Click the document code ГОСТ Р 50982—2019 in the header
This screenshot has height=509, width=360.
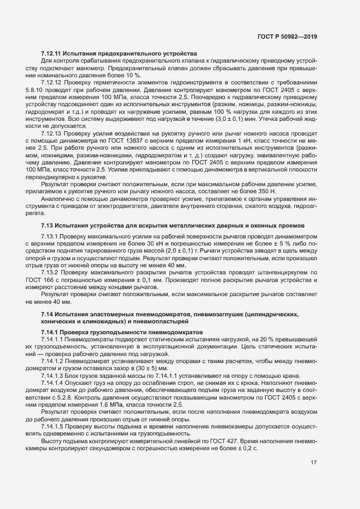(x=287, y=37)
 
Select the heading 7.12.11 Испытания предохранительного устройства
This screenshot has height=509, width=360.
(x=118, y=53)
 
